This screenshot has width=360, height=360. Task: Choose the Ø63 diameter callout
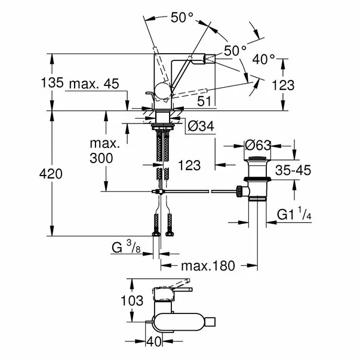tap(260, 145)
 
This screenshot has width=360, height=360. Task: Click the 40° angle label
tap(263, 59)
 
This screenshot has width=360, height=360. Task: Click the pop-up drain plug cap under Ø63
tap(259, 162)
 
